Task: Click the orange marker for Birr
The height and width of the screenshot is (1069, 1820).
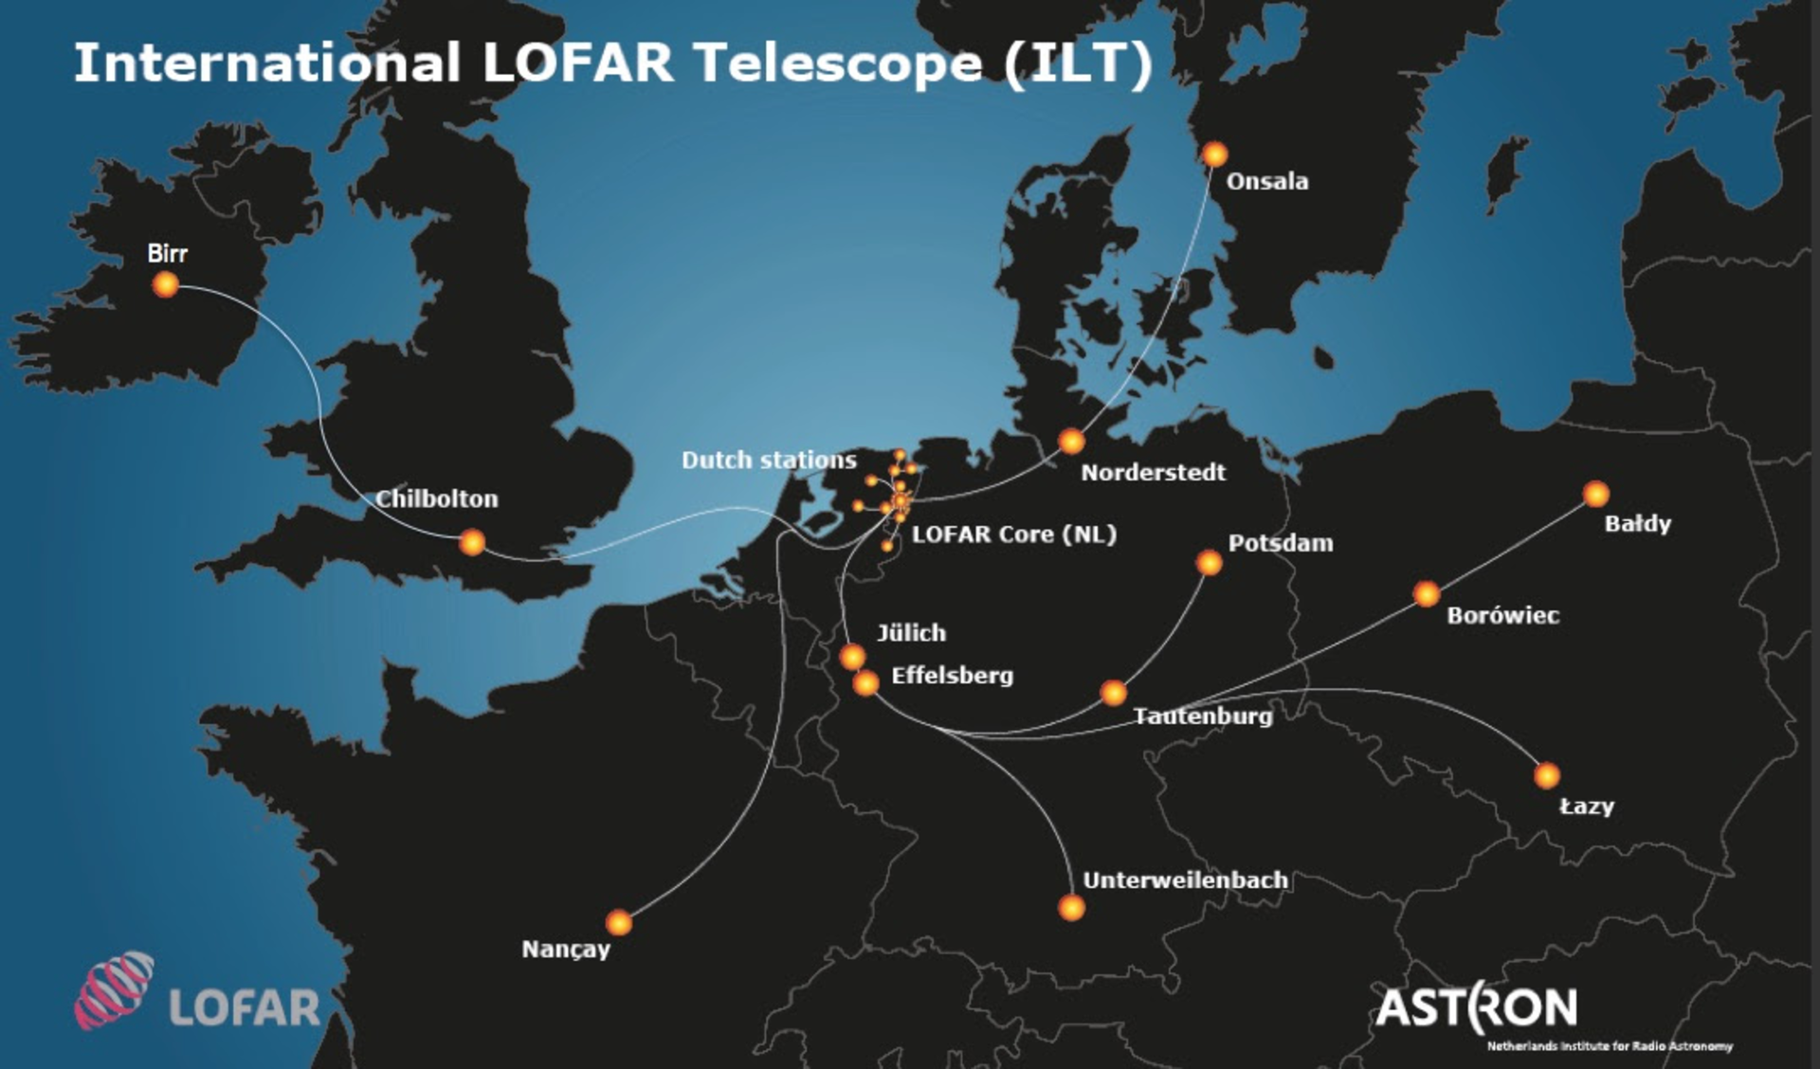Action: pyautogui.click(x=165, y=284)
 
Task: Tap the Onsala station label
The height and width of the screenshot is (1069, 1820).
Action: pyautogui.click(x=1266, y=181)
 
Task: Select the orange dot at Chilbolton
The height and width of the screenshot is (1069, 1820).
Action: pyautogui.click(x=471, y=542)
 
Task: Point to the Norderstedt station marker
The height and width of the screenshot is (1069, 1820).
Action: pyautogui.click(x=1071, y=441)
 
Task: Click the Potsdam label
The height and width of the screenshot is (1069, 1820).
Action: pyautogui.click(x=1280, y=543)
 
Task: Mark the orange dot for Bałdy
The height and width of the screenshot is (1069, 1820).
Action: pyautogui.click(x=1596, y=494)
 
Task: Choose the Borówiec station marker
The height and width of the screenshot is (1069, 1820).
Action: pyautogui.click(x=1427, y=594)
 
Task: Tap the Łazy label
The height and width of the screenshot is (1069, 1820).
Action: pyautogui.click(x=1587, y=806)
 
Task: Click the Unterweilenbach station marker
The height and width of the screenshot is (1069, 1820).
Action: pyautogui.click(x=1071, y=908)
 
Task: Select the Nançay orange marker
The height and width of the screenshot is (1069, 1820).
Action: pyautogui.click(x=619, y=922)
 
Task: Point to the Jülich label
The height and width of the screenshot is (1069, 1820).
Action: pyautogui.click(x=911, y=632)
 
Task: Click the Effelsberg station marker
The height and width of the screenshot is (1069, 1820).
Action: pyautogui.click(x=865, y=682)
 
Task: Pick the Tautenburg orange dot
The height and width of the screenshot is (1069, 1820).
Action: pyautogui.click(x=1114, y=693)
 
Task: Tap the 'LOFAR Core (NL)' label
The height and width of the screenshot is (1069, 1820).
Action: pyautogui.click(x=1013, y=534)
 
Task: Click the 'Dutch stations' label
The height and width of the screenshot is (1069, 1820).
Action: pyautogui.click(x=769, y=460)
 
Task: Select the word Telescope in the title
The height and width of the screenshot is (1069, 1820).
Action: pyautogui.click(x=838, y=63)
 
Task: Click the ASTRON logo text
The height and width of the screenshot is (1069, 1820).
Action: pyautogui.click(x=1476, y=1007)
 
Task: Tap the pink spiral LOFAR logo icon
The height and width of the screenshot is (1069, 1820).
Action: pyautogui.click(x=115, y=989)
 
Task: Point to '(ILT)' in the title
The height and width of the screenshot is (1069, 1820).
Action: pyautogui.click(x=1078, y=63)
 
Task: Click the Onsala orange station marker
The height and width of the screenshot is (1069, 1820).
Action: pyautogui.click(x=1214, y=154)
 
